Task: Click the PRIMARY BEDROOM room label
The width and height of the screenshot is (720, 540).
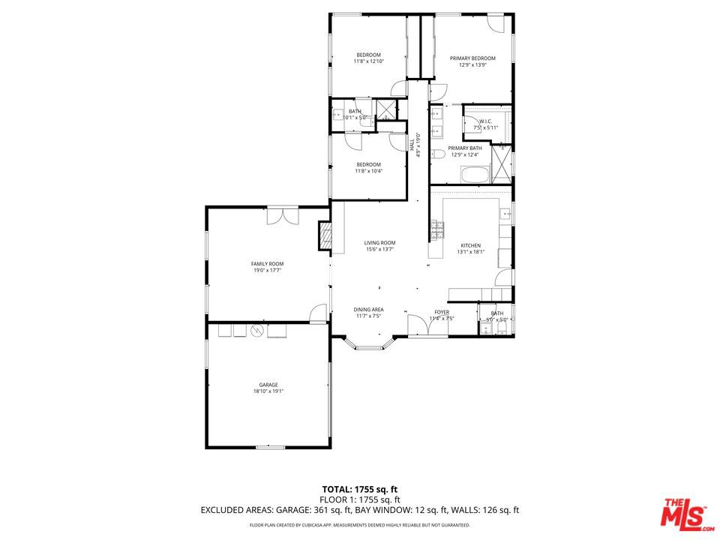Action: [472, 58]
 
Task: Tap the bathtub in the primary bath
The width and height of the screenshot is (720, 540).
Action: [474, 176]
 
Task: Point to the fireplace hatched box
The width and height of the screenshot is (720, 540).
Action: [325, 235]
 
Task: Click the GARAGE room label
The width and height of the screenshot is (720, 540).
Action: [268, 385]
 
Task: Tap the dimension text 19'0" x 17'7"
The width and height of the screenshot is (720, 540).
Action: [267, 270]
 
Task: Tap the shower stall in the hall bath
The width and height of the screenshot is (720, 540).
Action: [386, 109]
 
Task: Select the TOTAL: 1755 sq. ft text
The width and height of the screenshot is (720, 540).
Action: [359, 489]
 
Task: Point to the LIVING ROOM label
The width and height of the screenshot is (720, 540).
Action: [379, 243]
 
